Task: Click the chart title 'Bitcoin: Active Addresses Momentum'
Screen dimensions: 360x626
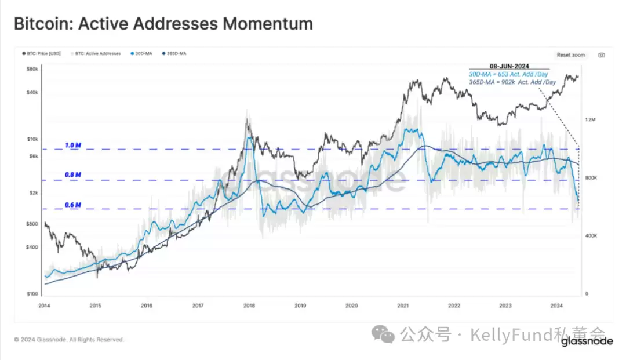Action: point(163,24)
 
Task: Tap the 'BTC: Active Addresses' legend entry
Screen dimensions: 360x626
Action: point(96,54)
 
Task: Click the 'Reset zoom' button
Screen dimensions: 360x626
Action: point(571,55)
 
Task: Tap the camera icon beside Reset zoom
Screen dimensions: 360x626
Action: point(602,55)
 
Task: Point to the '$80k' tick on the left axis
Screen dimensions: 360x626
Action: point(32,69)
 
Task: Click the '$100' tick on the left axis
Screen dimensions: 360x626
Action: point(32,294)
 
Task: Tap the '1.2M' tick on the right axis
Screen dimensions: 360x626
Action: point(591,120)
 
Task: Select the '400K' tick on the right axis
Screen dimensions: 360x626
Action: point(591,236)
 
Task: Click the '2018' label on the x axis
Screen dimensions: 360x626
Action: point(249,305)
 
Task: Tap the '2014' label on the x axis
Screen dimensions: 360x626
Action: point(45,305)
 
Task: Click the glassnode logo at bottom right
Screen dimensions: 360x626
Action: point(587,341)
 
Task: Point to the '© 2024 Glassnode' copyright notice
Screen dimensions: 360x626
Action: point(69,340)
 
